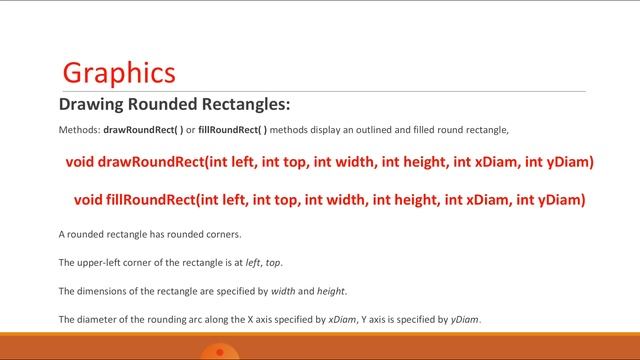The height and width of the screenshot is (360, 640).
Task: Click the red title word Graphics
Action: pos(119,73)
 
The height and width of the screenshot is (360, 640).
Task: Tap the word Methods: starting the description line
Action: pos(79,131)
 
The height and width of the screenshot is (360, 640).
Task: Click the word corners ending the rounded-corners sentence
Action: pos(221,235)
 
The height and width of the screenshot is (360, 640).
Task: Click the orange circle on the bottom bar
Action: pos(219,352)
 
